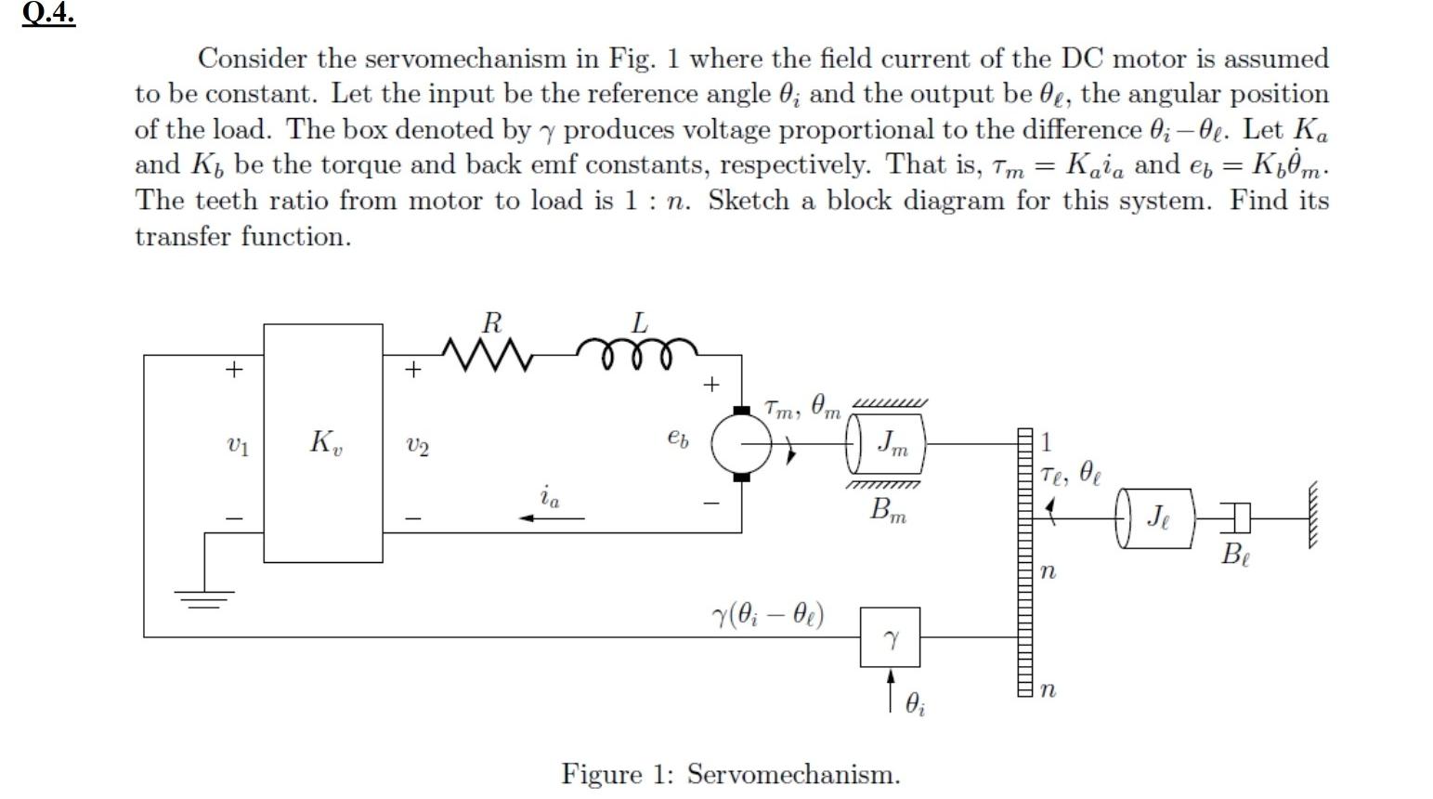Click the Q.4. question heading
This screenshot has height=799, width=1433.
[48, 16]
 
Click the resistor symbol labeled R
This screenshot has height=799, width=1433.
[488, 354]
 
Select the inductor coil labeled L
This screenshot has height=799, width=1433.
[637, 352]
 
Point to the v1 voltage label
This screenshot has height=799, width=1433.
[238, 447]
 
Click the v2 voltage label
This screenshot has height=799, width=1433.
[418, 448]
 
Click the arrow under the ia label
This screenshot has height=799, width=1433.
[552, 517]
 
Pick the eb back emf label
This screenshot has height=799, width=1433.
[678, 439]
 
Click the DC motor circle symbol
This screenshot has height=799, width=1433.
[741, 443]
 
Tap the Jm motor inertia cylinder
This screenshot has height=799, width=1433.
[888, 443]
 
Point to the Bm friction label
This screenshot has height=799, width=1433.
[888, 510]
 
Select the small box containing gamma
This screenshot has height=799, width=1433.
[890, 637]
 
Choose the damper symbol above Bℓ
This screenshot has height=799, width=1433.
[1234, 517]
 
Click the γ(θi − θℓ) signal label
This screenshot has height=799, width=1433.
[767, 615]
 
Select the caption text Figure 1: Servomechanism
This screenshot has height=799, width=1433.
[730, 774]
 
